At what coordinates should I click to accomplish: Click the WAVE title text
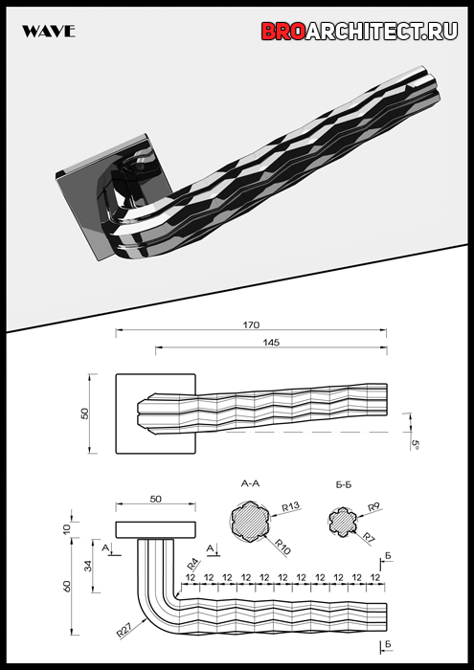(49, 32)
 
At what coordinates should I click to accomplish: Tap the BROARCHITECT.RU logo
(359, 31)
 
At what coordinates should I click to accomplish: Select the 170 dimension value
(251, 325)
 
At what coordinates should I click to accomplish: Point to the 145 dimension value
(271, 343)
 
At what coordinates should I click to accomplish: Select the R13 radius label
(291, 507)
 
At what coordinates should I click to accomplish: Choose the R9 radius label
(374, 507)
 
